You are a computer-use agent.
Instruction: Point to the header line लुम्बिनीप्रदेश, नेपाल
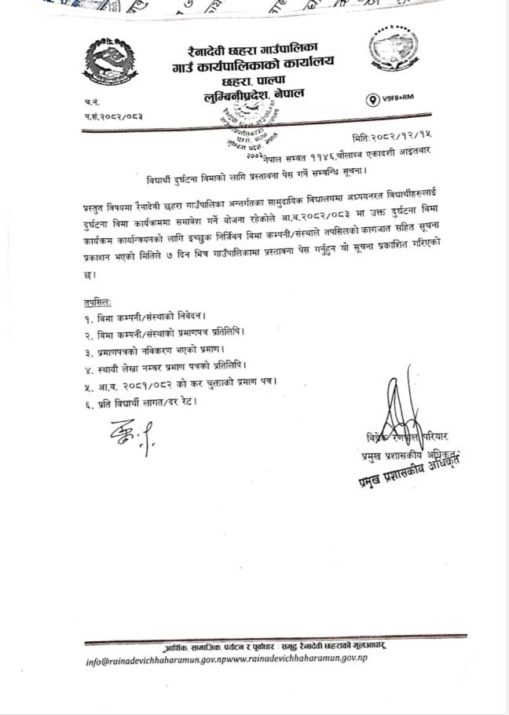(252, 94)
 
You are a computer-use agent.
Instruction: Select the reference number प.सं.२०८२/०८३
(114, 116)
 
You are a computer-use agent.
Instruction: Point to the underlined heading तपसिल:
(97, 302)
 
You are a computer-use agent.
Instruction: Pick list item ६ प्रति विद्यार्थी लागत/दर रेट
(141, 401)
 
